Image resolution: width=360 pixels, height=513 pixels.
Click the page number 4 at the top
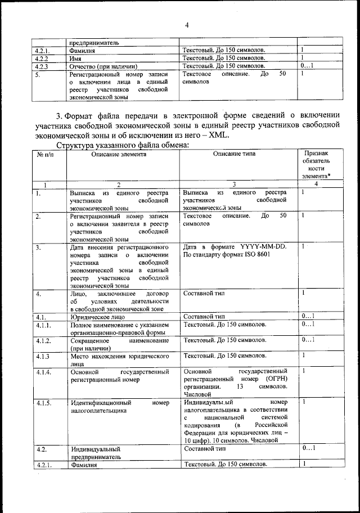click(187, 24)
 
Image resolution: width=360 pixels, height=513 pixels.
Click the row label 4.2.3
click(43, 66)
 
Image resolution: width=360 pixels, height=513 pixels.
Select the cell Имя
click(76, 58)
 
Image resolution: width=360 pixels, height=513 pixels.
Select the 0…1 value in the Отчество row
click(307, 66)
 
